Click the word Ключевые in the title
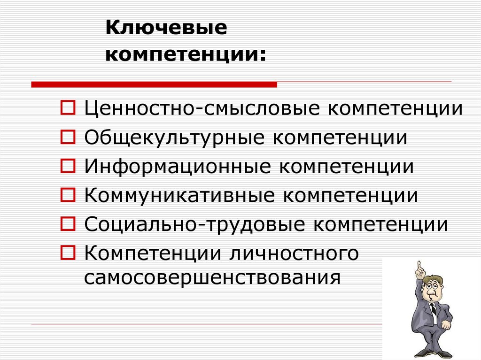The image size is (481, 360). [166, 28]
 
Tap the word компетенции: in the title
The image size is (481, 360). [186, 55]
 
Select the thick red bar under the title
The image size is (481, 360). [154, 84]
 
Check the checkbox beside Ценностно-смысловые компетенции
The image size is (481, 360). [68, 107]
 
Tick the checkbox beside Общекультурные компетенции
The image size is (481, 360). [68, 137]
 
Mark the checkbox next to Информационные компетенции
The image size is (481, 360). [68, 166]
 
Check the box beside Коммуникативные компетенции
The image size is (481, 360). [68, 195]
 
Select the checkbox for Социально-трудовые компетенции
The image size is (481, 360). [68, 224]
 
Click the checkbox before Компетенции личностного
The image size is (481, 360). [68, 253]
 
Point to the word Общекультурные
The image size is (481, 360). [174, 138]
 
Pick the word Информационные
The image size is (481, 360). [177, 166]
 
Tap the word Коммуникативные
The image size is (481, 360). [179, 195]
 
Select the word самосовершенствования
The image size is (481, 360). [212, 278]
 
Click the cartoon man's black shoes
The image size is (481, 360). [432, 353]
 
